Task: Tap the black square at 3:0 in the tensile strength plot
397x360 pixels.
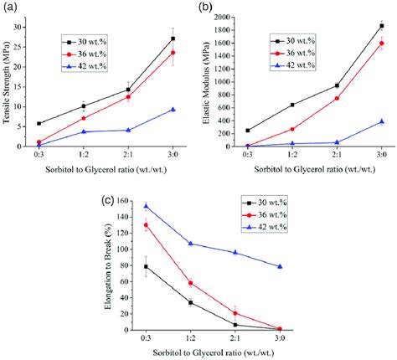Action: [x=173, y=39]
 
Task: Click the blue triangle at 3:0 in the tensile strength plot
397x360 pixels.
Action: [x=173, y=110]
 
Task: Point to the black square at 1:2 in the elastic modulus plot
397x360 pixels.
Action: [x=292, y=105]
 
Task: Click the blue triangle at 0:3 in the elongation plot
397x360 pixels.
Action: [x=145, y=206]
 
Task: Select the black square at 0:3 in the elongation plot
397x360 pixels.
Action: [x=145, y=266]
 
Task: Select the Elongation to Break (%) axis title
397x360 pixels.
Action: [x=111, y=266]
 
